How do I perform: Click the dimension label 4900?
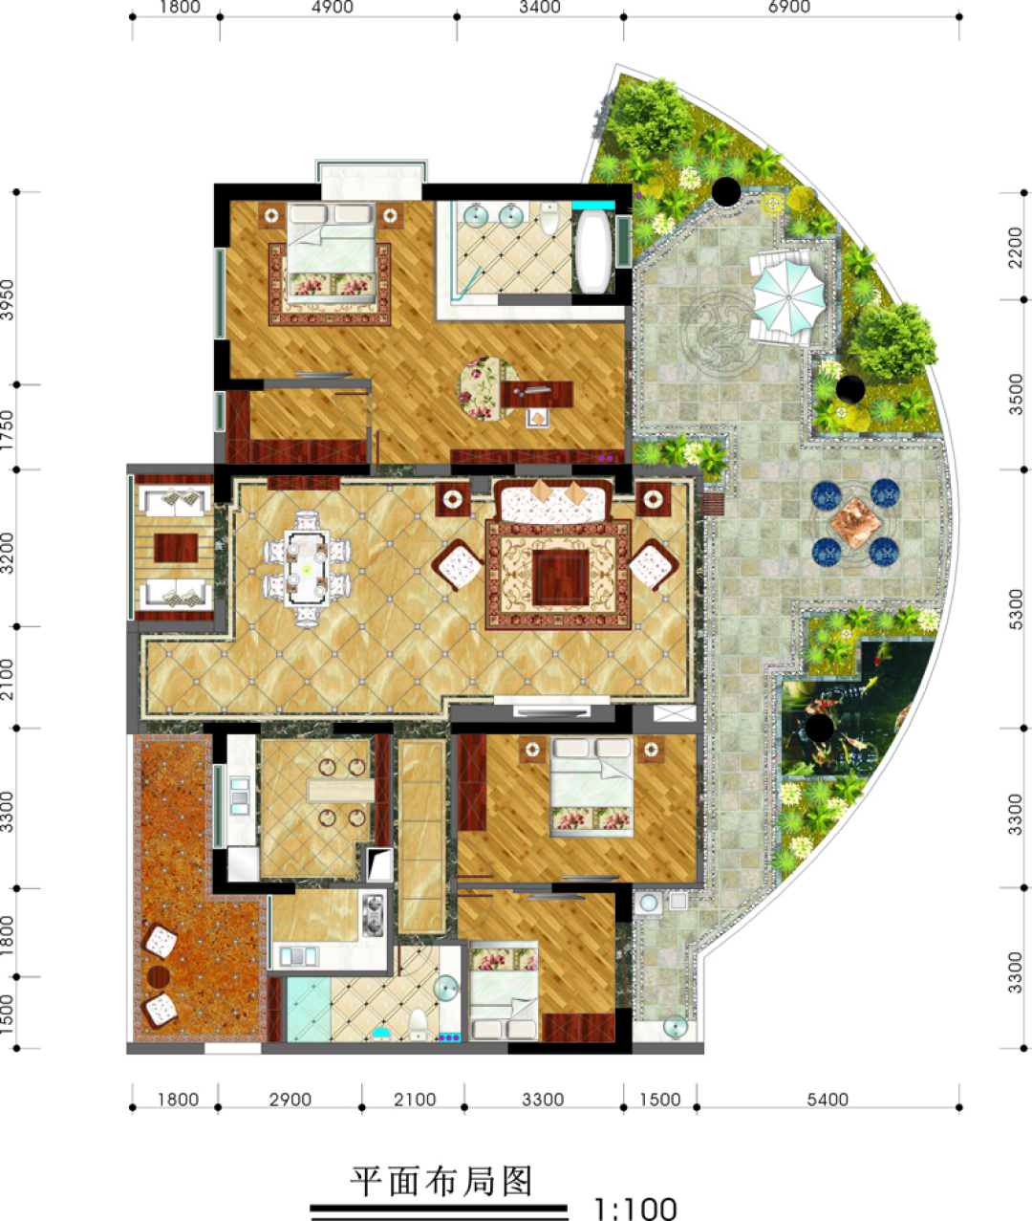coord(333,7)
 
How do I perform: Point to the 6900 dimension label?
coord(788,7)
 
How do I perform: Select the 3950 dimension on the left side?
coord(7,300)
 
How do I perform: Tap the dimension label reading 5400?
coord(828,1100)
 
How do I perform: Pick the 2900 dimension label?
coord(290,1100)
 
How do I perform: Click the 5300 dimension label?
coord(1016,610)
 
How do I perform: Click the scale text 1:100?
coord(634,1209)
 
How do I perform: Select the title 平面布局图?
coord(441,1181)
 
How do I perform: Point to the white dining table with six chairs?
coord(306,568)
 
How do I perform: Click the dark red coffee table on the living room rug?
coord(561,578)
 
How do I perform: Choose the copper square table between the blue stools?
coord(855,523)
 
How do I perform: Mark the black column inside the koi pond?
coord(819,728)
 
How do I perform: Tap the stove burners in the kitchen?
coord(373,916)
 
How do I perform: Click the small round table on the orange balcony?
coord(159,977)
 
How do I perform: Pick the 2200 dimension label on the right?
coord(1016,247)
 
